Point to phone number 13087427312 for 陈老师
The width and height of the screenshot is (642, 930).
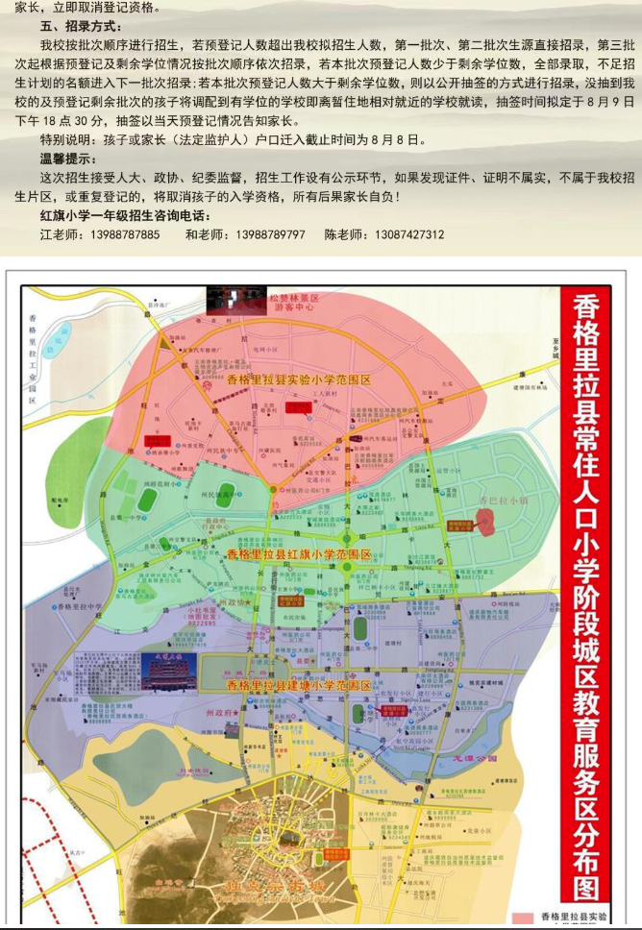pyautogui.click(x=408, y=234)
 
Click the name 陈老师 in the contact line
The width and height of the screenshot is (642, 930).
pyautogui.click(x=341, y=234)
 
